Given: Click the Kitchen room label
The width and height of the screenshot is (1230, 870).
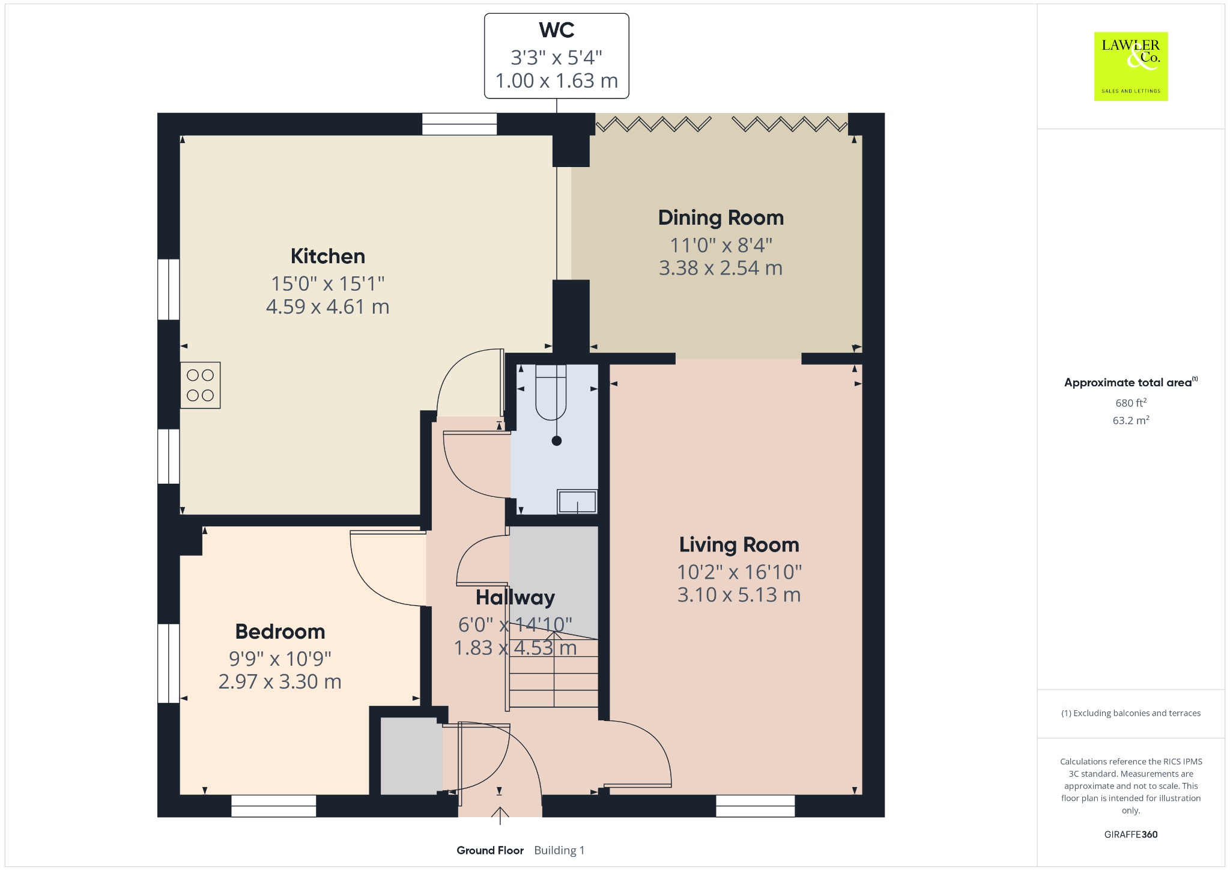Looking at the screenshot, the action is point(328,256).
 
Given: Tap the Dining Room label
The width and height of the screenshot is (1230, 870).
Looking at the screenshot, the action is point(721,218).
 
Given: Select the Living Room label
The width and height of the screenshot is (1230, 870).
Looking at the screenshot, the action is point(739,544).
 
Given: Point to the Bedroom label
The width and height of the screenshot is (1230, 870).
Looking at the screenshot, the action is point(280,631).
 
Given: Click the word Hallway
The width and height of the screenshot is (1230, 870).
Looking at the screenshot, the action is point(515,597).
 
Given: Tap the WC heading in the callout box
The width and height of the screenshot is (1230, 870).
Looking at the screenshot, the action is point(557,30).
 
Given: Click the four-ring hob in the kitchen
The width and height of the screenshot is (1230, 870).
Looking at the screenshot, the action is point(201,385).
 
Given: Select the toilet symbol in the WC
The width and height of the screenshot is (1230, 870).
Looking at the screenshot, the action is point(551,392).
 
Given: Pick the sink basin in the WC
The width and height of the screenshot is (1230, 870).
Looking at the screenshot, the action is point(577,502).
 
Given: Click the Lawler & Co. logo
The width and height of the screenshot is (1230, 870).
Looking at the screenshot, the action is point(1131,66).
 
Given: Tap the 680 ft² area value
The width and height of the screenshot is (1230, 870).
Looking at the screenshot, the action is point(1131,403).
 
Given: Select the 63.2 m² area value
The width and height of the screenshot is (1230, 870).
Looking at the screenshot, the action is point(1131,420).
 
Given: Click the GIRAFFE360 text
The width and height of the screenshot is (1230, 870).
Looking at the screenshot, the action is point(1131,834).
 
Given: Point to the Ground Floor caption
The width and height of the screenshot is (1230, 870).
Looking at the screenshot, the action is point(490,850).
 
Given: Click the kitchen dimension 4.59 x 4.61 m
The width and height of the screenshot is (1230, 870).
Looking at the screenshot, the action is point(328,306).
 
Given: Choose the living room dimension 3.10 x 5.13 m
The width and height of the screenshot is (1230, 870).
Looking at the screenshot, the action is point(739,595).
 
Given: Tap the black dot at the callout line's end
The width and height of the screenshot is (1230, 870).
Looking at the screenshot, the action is point(557,441).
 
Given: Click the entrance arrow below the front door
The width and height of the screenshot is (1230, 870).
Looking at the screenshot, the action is point(500,816).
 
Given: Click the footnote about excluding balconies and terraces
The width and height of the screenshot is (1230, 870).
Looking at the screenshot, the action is point(1131,713).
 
